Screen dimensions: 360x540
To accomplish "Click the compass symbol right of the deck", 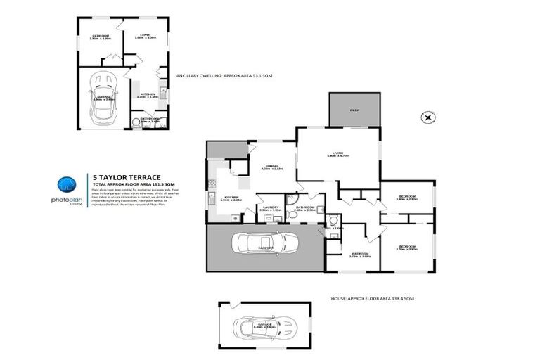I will (426, 117).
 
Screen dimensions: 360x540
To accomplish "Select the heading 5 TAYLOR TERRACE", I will (127, 177).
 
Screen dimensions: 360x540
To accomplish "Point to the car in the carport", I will (264, 244).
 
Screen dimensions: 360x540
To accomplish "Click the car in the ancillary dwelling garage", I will (101, 99).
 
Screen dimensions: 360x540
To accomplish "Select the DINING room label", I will (271, 167).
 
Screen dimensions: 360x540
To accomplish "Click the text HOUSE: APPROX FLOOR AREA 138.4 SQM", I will (372, 299).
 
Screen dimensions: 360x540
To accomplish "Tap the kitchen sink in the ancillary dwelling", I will (163, 91).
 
